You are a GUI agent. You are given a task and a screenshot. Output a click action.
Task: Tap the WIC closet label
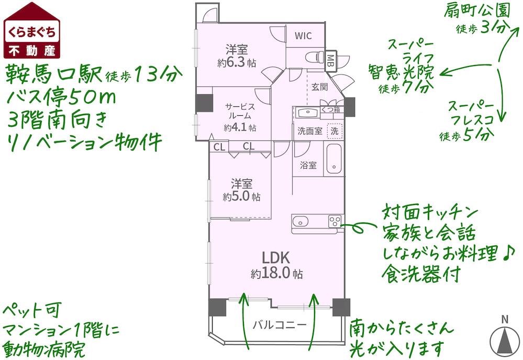pyautogui.click(x=303, y=36)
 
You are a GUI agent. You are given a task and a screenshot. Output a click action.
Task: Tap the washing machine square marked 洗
pyautogui.click(x=333, y=130)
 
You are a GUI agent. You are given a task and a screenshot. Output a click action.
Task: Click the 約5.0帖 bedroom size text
pyautogui.click(x=241, y=197)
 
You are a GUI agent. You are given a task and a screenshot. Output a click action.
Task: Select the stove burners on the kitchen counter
pyautogui.click(x=335, y=221)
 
